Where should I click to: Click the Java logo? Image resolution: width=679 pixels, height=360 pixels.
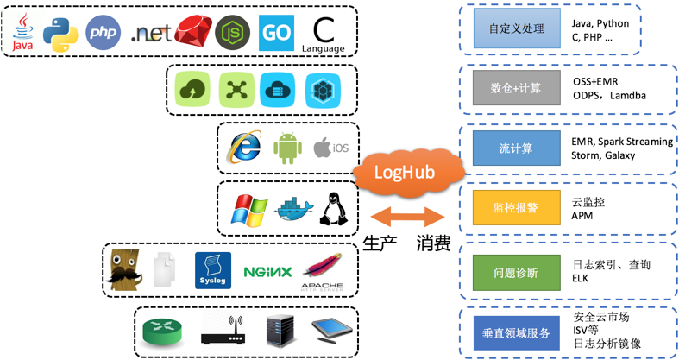[24, 32]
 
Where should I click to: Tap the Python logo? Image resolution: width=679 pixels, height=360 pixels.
[62, 32]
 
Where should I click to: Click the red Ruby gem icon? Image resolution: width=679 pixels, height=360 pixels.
[192, 33]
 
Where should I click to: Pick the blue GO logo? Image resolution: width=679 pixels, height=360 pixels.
[276, 32]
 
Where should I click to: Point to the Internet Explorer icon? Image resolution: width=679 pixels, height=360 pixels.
[244, 148]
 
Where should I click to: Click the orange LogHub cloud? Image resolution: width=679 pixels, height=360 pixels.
[404, 172]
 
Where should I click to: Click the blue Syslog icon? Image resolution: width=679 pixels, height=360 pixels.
[213, 270]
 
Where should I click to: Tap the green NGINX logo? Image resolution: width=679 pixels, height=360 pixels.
[267, 271]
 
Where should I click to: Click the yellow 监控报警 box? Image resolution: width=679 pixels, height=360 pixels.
[515, 208]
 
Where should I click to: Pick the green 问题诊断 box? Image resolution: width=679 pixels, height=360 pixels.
[515, 273]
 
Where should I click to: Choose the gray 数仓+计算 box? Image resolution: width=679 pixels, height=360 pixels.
[515, 88]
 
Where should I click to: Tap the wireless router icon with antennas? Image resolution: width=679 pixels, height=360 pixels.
[223, 331]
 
